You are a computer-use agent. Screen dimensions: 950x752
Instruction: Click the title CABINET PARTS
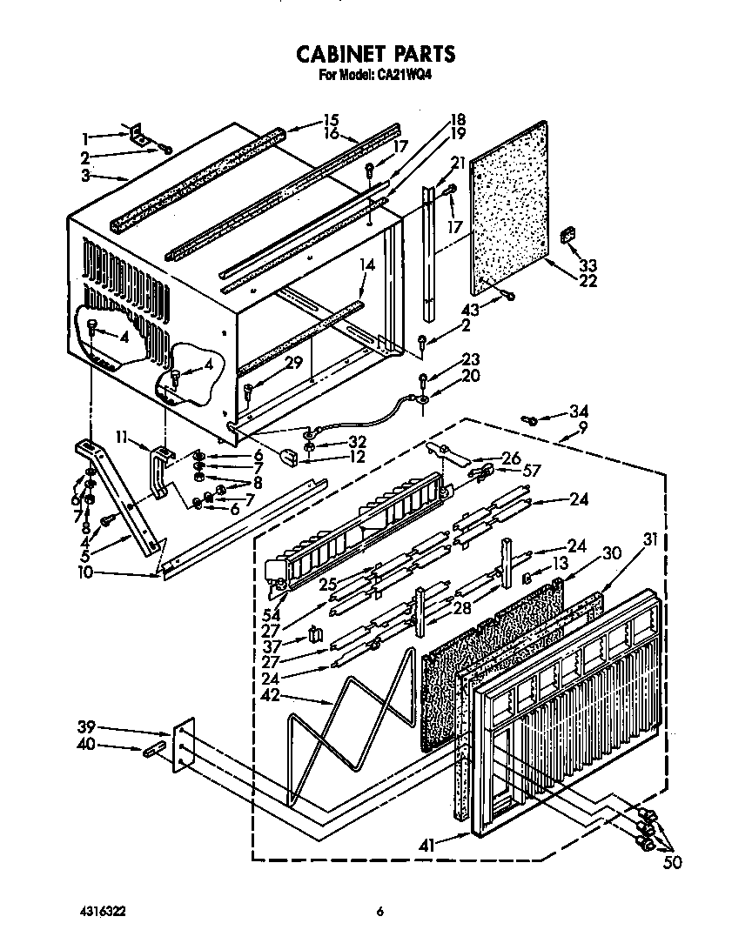pyautogui.click(x=376, y=54)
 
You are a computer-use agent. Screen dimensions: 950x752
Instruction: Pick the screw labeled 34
pyautogui.click(x=527, y=420)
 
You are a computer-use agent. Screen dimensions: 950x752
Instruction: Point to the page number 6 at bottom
pyautogui.click(x=379, y=912)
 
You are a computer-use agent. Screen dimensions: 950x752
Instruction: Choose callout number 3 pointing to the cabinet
pyautogui.click(x=85, y=176)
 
